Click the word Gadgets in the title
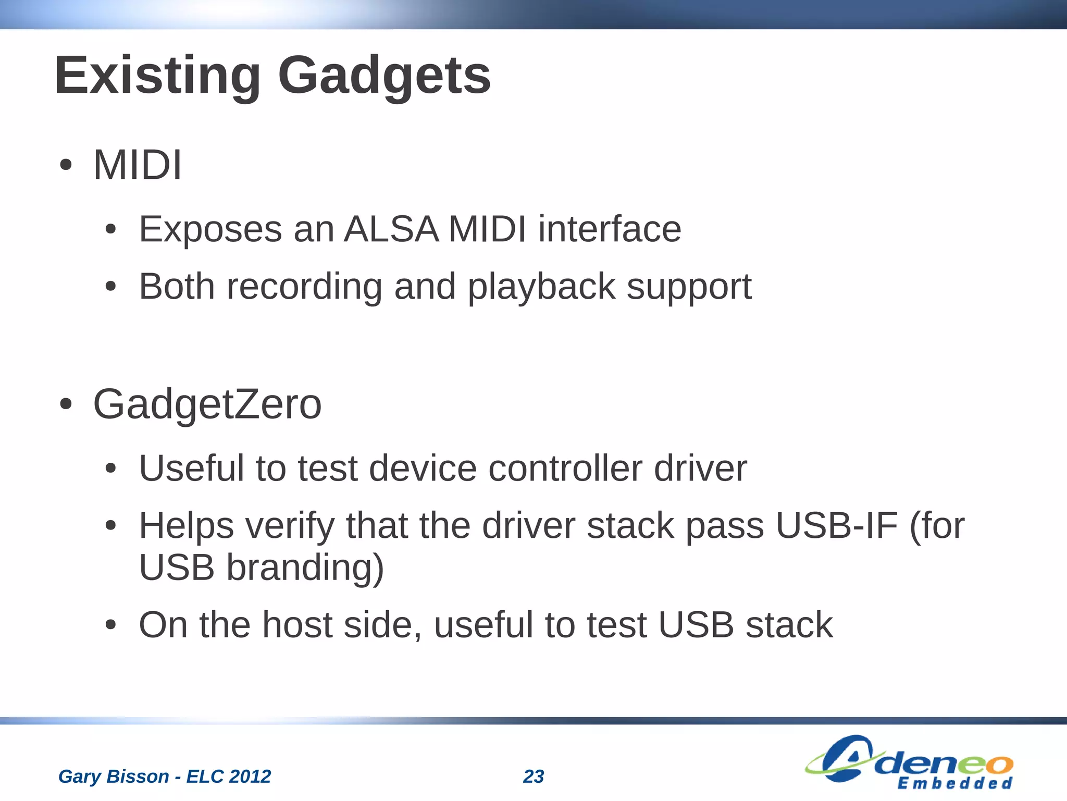(384, 76)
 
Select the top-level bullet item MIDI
(137, 165)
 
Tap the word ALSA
(391, 229)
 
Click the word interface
(610, 229)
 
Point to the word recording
(304, 287)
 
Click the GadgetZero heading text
(207, 404)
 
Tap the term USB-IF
(837, 525)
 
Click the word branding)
(305, 567)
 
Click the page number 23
(533, 777)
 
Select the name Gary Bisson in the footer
(114, 777)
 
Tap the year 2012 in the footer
(250, 777)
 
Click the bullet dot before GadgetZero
(66, 404)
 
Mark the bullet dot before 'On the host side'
(110, 625)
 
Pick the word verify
(290, 526)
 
